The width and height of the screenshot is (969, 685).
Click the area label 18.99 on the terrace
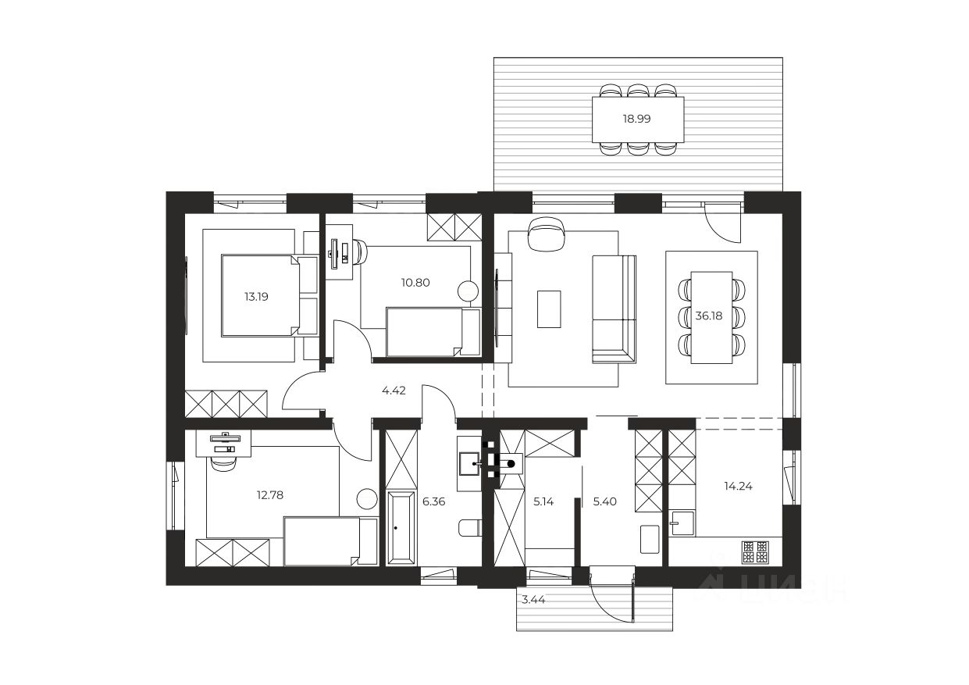click(x=636, y=119)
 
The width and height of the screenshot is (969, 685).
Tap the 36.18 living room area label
click(x=708, y=316)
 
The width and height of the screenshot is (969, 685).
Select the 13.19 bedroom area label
click(x=256, y=297)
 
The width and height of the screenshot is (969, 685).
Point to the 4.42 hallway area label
click(x=394, y=391)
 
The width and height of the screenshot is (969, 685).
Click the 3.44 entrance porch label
click(x=533, y=600)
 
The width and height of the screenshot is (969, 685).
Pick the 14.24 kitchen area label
click(x=739, y=486)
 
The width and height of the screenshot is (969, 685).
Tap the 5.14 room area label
click(x=543, y=501)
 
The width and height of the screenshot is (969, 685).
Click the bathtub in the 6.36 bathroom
click(x=401, y=527)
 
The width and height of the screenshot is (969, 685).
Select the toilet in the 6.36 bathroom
click(x=470, y=527)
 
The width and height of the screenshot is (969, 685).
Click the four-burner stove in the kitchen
click(x=755, y=552)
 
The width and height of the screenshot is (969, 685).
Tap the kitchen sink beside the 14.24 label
click(x=682, y=523)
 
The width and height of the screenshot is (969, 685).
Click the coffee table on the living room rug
click(x=549, y=309)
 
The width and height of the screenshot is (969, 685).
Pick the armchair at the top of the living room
click(x=547, y=234)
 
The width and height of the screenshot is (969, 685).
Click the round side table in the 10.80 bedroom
click(x=468, y=291)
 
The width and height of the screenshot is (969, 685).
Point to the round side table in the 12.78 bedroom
click(x=367, y=498)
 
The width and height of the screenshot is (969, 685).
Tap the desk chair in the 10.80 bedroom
click(x=360, y=252)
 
